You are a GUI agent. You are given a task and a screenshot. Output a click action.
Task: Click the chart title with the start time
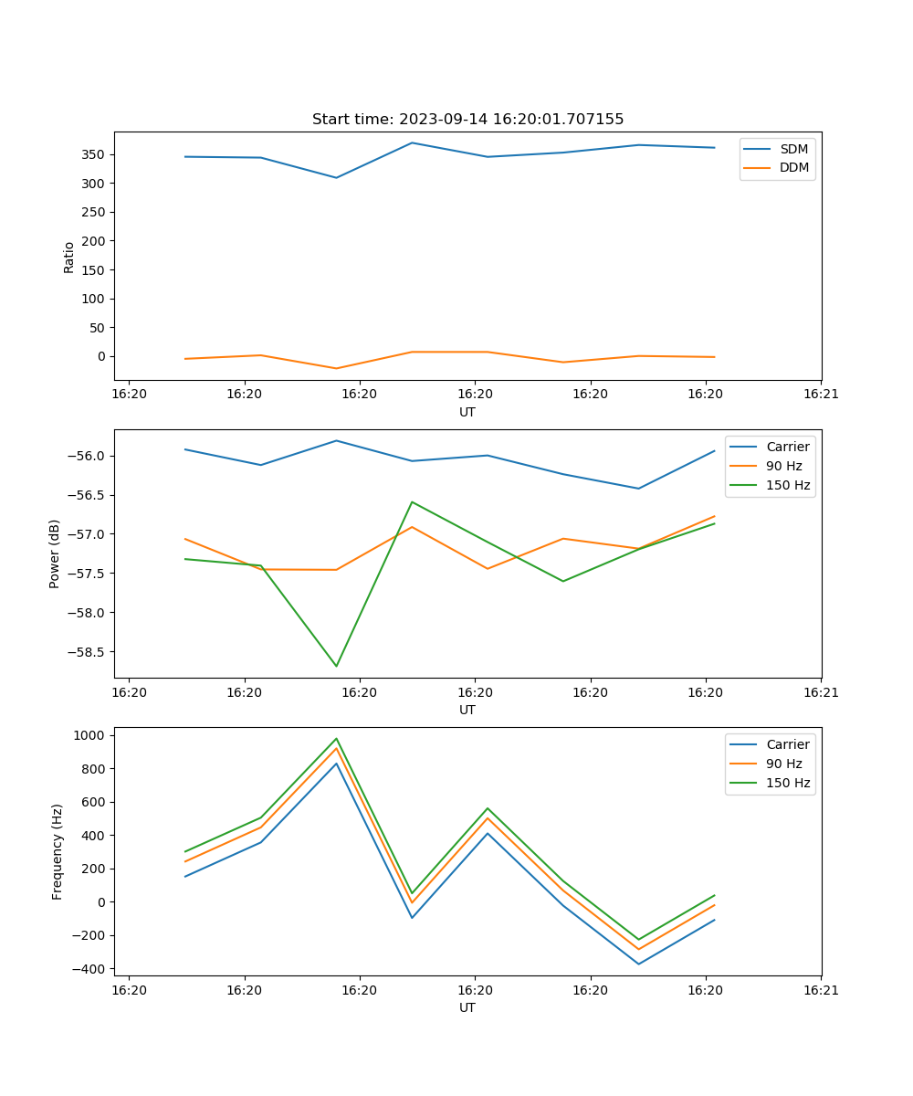click(467, 120)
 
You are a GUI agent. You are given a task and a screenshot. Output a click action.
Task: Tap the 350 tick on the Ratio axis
click(94, 154)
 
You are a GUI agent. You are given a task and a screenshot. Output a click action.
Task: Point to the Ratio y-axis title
click(69, 257)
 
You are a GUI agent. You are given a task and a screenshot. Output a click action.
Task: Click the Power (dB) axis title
click(55, 553)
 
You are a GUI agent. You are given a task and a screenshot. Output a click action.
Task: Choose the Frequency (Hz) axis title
click(58, 851)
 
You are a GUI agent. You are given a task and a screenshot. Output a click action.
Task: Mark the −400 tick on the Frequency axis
click(89, 969)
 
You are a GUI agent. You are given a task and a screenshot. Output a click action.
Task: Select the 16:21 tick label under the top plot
click(821, 394)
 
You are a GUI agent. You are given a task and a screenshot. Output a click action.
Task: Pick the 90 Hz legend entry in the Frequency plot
click(784, 764)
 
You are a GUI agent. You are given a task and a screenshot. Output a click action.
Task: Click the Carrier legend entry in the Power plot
click(787, 447)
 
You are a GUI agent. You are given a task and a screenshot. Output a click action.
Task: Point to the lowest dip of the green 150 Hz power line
click(336, 666)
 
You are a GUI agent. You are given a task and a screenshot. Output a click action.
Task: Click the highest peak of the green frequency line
click(336, 739)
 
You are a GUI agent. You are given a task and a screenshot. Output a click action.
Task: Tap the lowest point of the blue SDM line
click(336, 177)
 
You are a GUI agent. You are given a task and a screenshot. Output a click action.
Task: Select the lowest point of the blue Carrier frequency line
click(638, 964)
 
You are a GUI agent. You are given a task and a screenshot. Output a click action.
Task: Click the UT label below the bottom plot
click(467, 1007)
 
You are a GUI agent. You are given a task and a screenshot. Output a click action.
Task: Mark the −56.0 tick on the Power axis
click(87, 457)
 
